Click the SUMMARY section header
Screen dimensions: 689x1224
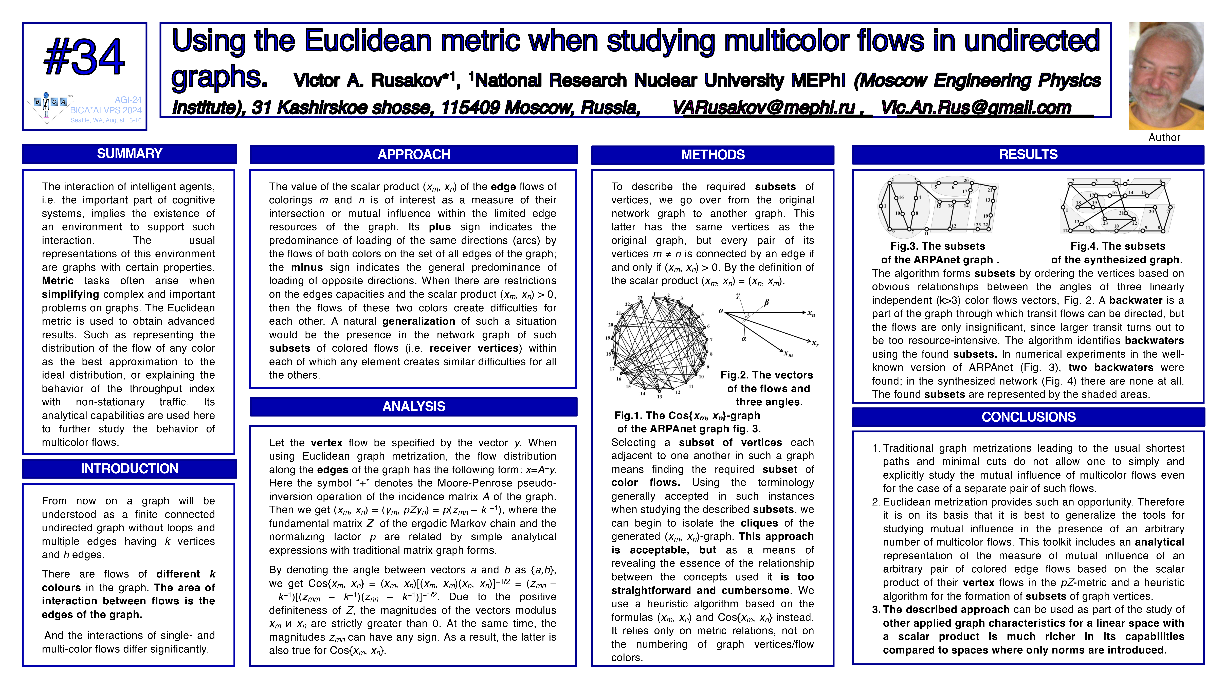click(129, 154)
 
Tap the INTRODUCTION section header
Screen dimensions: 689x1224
click(129, 468)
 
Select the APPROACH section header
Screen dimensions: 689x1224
click(413, 154)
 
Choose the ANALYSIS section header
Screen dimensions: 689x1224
click(413, 407)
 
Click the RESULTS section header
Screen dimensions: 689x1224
click(1028, 154)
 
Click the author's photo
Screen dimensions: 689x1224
click(1166, 76)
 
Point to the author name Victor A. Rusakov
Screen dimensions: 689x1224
click(375, 81)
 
